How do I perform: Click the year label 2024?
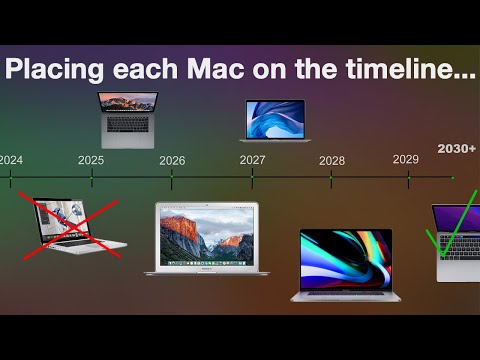12,159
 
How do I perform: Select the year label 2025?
91,159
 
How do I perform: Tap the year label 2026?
172,160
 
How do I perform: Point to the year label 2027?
252,159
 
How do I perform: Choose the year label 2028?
332,160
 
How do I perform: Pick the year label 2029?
406,159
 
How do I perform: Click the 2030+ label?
456,149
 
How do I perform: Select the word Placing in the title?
63,72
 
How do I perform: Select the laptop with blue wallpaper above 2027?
275,119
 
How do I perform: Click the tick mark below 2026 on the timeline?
172,180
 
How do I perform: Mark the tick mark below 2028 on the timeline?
332,180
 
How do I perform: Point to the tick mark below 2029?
408,180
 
